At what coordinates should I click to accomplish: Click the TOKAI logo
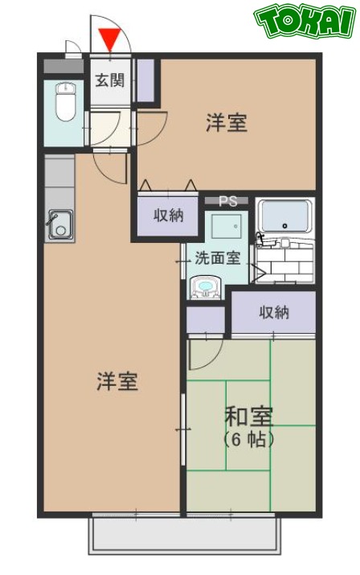[305, 22]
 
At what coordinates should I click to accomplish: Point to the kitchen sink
[59, 224]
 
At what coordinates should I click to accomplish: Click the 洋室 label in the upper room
[226, 124]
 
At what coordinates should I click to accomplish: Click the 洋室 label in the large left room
[117, 380]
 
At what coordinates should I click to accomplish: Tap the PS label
[227, 200]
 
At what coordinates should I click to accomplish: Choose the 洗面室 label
[217, 259]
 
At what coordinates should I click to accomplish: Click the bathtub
[285, 216]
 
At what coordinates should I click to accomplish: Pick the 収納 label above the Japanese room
[274, 313]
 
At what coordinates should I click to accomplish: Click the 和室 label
[248, 417]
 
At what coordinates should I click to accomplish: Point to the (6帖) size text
[249, 440]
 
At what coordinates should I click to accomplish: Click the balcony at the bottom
[185, 535]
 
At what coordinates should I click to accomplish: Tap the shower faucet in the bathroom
[260, 239]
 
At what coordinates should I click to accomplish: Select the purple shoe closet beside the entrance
[145, 80]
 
